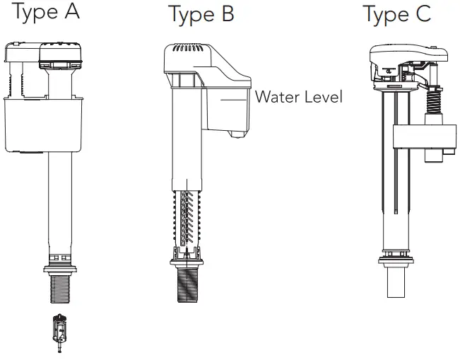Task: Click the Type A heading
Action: tap(47, 13)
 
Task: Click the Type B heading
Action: tap(201, 14)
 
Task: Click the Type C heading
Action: tap(396, 14)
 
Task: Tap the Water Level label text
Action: tap(298, 97)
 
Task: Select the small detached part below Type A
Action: tap(59, 330)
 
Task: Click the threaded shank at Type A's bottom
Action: tap(59, 289)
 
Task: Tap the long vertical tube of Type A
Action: tap(59, 198)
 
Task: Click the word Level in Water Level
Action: tap(322, 97)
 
